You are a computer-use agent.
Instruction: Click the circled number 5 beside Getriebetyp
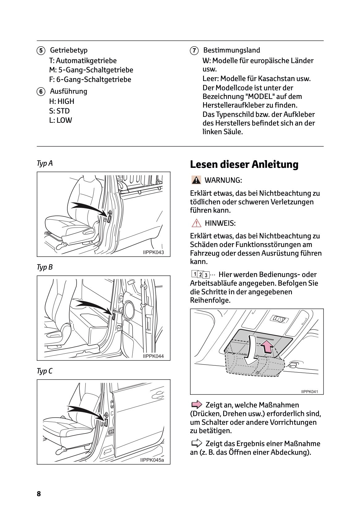40,50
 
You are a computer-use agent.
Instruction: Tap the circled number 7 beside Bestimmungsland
194,50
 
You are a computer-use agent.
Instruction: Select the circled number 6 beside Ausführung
40,92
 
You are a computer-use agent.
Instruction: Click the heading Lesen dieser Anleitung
244,164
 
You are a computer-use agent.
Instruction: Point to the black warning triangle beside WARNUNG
196,180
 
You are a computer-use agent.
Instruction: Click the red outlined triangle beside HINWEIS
196,223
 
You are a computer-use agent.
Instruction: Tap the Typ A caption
45,163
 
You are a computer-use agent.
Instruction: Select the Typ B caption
45,267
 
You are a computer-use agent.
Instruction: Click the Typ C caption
45,371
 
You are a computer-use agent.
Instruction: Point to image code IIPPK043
153,252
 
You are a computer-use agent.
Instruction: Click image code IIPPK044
153,356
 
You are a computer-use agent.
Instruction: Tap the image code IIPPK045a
152,460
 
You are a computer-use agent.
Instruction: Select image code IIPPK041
310,392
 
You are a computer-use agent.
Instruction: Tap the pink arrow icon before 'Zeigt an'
196,405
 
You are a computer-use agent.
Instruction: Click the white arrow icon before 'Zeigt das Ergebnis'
196,444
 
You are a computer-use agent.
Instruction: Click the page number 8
39,494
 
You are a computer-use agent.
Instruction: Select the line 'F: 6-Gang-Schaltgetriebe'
90,79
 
